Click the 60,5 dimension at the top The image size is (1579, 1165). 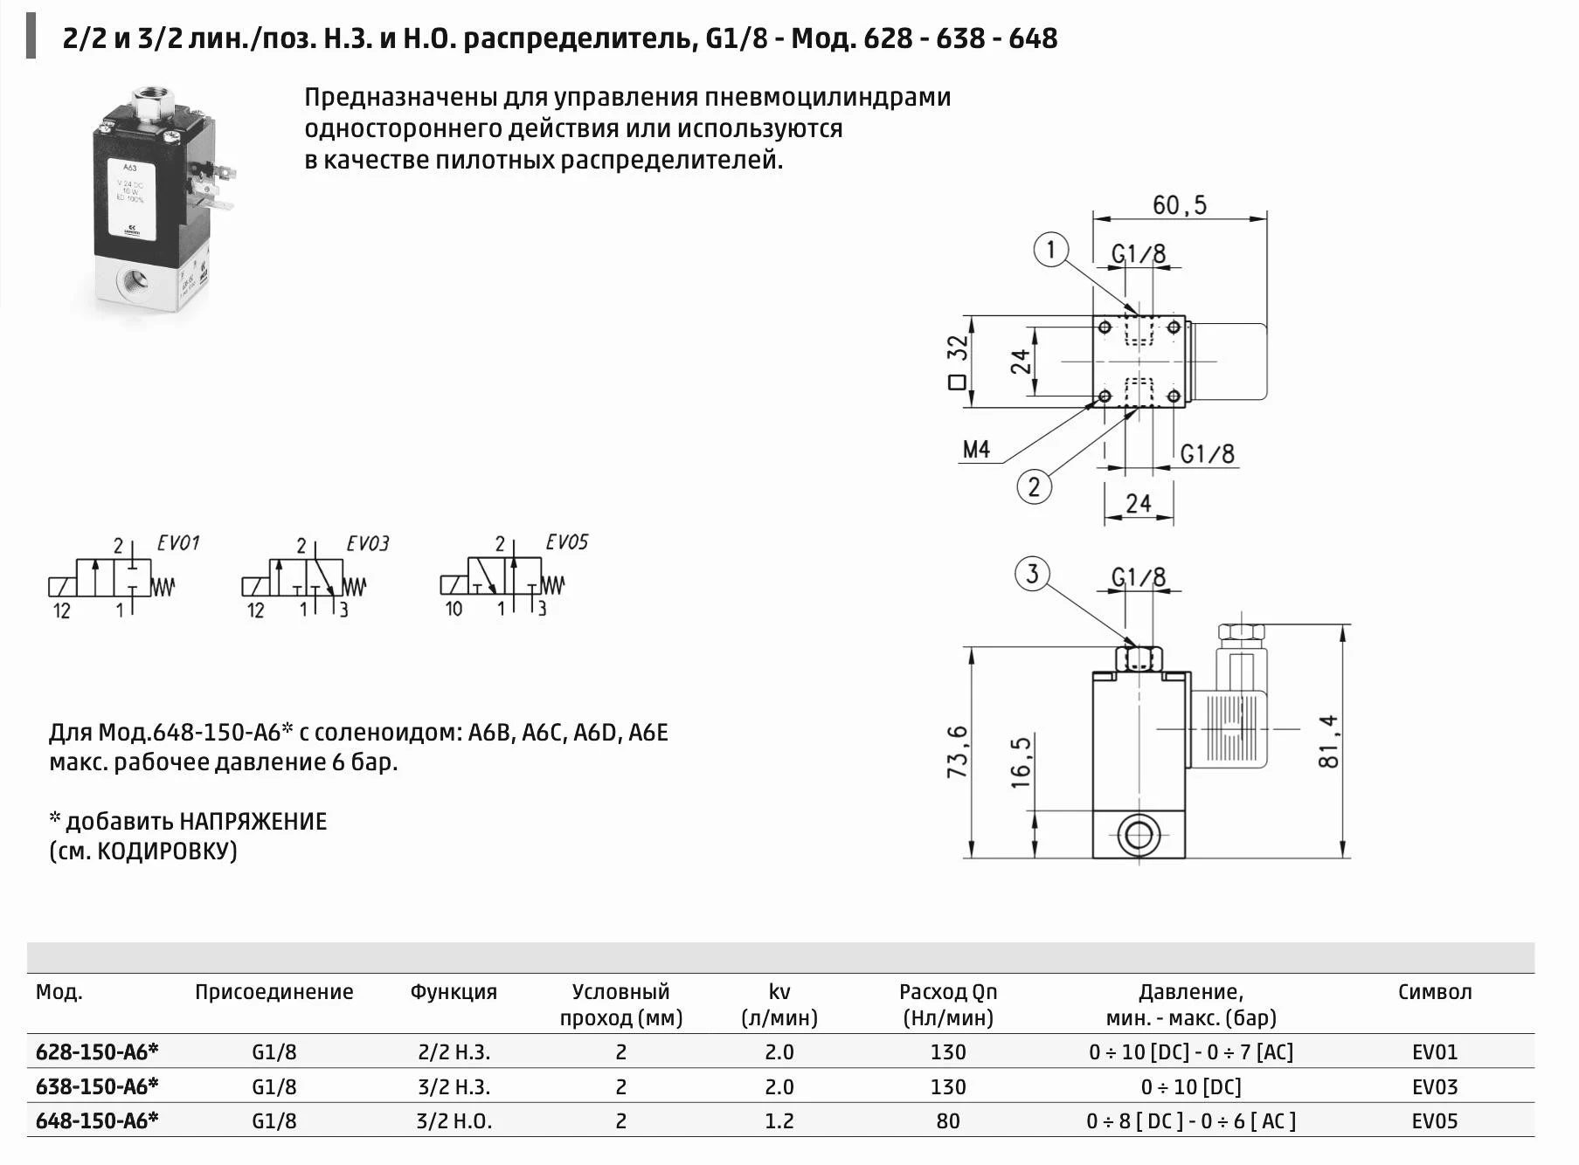pos(1179,205)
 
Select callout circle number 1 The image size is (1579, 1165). pos(1051,250)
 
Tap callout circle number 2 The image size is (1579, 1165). pos(1035,486)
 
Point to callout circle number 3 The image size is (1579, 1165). pos(1032,574)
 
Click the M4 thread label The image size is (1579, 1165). pos(976,450)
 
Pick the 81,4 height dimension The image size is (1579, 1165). pos(1328,741)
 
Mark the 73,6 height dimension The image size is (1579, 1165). pos(958,751)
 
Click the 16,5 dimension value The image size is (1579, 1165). pos(1021,762)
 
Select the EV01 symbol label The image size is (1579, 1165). pos(178,543)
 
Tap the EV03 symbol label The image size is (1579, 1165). pos(367,544)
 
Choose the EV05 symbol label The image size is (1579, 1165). pos(566,542)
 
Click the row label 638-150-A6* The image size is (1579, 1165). pos(97,1086)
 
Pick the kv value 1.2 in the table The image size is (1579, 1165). pos(779,1120)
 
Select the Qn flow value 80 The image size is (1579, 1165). pos(947,1120)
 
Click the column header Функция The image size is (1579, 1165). pos(453,992)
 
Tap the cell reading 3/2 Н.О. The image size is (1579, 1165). pos(454,1120)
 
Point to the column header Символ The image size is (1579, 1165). pos(1434,992)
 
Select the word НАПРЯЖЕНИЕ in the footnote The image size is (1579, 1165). pos(253,821)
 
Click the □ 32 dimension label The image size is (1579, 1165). pos(958,362)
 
